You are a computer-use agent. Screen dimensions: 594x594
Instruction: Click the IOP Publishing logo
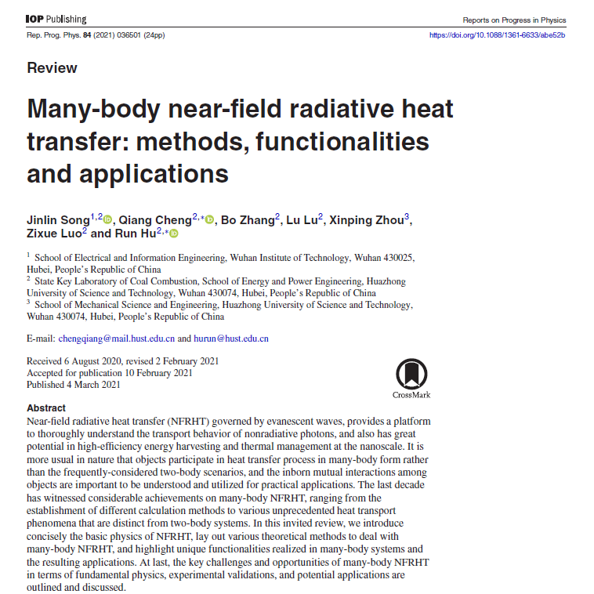(56, 19)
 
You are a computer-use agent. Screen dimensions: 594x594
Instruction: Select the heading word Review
(52, 67)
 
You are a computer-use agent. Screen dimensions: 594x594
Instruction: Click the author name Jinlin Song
(58, 221)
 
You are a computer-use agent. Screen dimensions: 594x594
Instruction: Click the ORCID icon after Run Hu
(174, 234)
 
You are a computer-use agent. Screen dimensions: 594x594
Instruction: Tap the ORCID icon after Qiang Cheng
(209, 221)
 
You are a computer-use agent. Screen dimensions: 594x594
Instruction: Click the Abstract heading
(46, 408)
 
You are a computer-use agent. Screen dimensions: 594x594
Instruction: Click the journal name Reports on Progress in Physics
(513, 19)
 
